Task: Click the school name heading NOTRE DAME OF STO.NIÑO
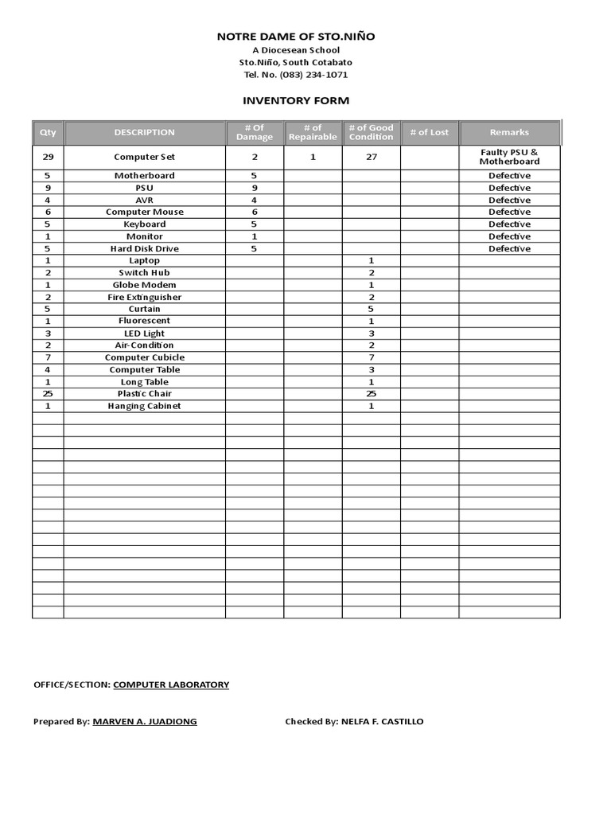pyautogui.click(x=296, y=37)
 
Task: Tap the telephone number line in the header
pyautogui.click(x=296, y=75)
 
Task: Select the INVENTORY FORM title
pyautogui.click(x=296, y=101)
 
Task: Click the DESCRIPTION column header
pyautogui.click(x=144, y=132)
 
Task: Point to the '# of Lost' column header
pyautogui.click(x=429, y=132)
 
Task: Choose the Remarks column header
pyautogui.click(x=509, y=132)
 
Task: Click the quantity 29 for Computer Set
pyautogui.click(x=48, y=157)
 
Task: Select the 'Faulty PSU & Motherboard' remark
pyautogui.click(x=509, y=157)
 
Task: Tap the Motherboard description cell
pyautogui.click(x=144, y=175)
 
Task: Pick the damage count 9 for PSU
pyautogui.click(x=255, y=188)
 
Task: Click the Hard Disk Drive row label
pyautogui.click(x=144, y=248)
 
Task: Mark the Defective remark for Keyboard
pyautogui.click(x=509, y=224)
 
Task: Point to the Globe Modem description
pyautogui.click(x=144, y=285)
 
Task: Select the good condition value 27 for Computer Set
pyautogui.click(x=372, y=157)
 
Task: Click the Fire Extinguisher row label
pyautogui.click(x=144, y=297)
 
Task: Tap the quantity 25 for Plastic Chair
pyautogui.click(x=48, y=394)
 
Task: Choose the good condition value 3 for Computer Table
pyautogui.click(x=372, y=369)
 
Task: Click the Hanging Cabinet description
pyautogui.click(x=144, y=406)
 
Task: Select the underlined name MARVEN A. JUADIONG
pyautogui.click(x=145, y=722)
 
